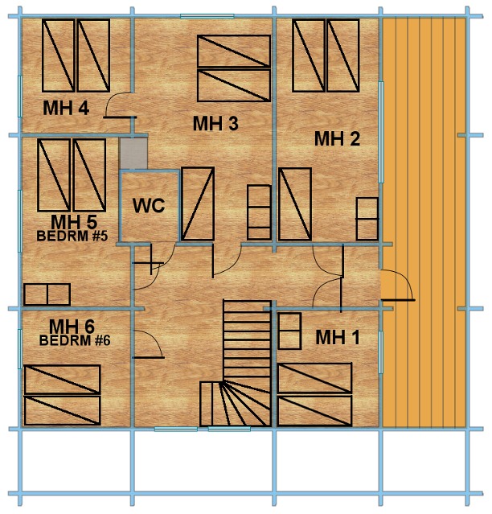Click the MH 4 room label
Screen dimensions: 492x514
(66, 108)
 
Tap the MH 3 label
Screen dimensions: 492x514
(215, 124)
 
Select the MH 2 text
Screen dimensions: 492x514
(337, 138)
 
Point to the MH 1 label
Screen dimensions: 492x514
(338, 337)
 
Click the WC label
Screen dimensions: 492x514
(149, 206)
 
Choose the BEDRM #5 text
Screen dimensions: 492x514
(72, 236)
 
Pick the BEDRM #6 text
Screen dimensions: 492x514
(75, 340)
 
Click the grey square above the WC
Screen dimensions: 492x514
(133, 154)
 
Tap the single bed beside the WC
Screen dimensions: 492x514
(198, 204)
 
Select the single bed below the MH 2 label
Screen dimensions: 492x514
(295, 204)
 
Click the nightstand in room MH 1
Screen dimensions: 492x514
(289, 331)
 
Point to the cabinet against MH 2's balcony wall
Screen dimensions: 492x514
(367, 219)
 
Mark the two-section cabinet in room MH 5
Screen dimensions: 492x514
(47, 294)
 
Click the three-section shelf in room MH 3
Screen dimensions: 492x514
(259, 212)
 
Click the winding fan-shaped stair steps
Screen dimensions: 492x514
(236, 404)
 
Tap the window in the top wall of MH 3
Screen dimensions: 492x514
(207, 16)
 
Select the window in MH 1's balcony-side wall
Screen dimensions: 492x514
(381, 352)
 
